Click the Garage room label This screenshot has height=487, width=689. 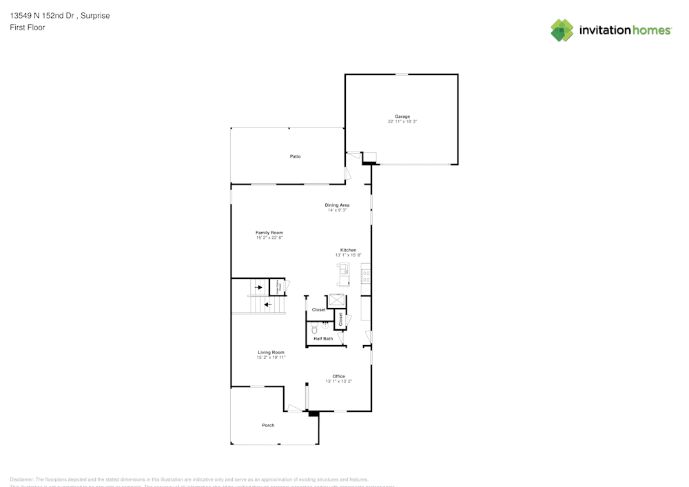click(x=402, y=116)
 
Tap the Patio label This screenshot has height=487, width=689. click(x=295, y=156)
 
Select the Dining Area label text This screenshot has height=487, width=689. click(x=337, y=205)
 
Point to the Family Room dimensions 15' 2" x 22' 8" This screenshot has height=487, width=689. click(x=269, y=238)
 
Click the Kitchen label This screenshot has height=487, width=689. click(x=348, y=249)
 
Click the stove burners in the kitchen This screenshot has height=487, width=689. click(x=367, y=276)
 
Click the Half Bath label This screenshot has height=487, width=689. click(x=323, y=339)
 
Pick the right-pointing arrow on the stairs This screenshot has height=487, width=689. click(x=259, y=287)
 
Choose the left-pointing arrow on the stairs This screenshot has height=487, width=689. click(x=267, y=304)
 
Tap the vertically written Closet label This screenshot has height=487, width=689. click(x=340, y=319)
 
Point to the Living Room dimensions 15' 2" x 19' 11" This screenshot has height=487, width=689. click(x=271, y=358)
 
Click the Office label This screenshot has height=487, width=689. click(x=338, y=376)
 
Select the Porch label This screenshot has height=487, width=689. click(x=268, y=425)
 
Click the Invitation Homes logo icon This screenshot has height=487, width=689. click(x=562, y=30)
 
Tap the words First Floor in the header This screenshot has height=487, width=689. click(x=28, y=28)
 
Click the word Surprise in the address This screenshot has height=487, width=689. click(x=94, y=15)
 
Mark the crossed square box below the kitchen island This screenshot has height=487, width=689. click(x=336, y=300)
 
